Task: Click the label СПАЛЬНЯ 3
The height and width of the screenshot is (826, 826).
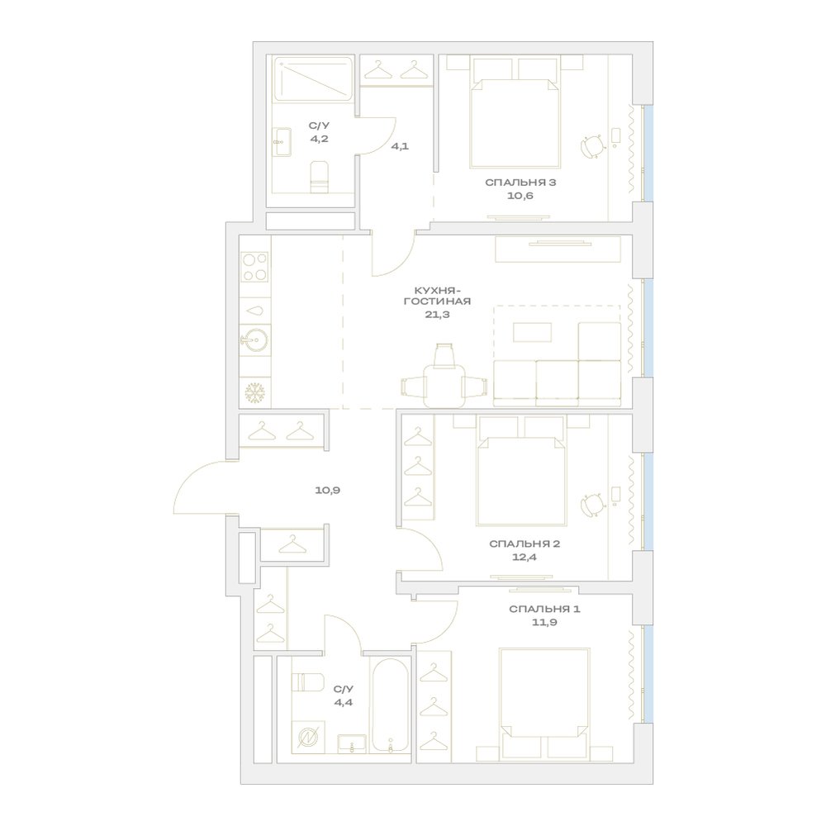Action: (x=520, y=183)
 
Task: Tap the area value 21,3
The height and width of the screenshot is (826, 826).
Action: (x=437, y=315)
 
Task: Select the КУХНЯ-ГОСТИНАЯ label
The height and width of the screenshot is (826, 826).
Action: (x=437, y=296)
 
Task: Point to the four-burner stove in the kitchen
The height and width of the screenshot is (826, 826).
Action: (x=255, y=267)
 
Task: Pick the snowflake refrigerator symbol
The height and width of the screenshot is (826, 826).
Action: (x=255, y=392)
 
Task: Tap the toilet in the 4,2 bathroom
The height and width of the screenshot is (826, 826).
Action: (x=319, y=177)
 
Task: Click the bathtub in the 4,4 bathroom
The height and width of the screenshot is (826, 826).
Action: (x=390, y=705)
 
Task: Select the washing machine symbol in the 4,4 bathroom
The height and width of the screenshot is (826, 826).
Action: (x=308, y=737)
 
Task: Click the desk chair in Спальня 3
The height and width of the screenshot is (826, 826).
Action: (x=593, y=146)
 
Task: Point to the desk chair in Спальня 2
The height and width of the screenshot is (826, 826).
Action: (x=593, y=506)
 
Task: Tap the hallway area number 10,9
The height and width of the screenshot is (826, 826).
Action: (x=328, y=490)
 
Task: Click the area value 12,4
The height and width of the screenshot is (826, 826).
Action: (x=525, y=557)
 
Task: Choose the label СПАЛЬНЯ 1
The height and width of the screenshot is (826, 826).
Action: (x=544, y=609)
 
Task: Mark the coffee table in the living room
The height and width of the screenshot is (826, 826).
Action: (x=533, y=332)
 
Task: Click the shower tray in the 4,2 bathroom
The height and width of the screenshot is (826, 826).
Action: (x=313, y=78)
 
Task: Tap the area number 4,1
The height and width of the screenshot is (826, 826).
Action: (x=400, y=146)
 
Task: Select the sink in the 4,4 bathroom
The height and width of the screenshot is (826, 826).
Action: (x=352, y=744)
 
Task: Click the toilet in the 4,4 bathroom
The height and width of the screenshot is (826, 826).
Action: (x=307, y=682)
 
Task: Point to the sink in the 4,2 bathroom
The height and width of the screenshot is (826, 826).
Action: (x=282, y=142)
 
